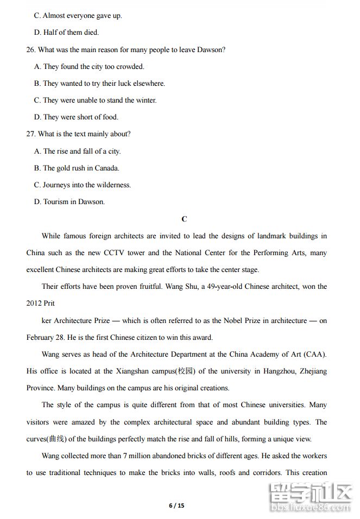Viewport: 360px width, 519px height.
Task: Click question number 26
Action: click(x=31, y=50)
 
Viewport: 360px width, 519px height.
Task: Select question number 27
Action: click(x=31, y=134)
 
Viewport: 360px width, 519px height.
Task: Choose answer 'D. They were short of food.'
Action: click(x=76, y=117)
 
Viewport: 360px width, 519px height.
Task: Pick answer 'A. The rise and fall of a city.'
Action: click(x=77, y=151)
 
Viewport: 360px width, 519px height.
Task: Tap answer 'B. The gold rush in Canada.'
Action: click(x=77, y=168)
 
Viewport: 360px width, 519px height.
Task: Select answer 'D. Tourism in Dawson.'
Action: click(x=70, y=202)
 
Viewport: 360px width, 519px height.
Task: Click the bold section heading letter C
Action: click(x=184, y=219)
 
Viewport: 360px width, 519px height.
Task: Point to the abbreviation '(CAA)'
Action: click(x=315, y=355)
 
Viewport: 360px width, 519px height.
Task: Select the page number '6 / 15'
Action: click(x=177, y=506)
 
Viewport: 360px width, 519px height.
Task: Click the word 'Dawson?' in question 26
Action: click(x=210, y=50)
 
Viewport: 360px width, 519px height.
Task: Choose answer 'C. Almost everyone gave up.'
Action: click(x=78, y=16)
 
